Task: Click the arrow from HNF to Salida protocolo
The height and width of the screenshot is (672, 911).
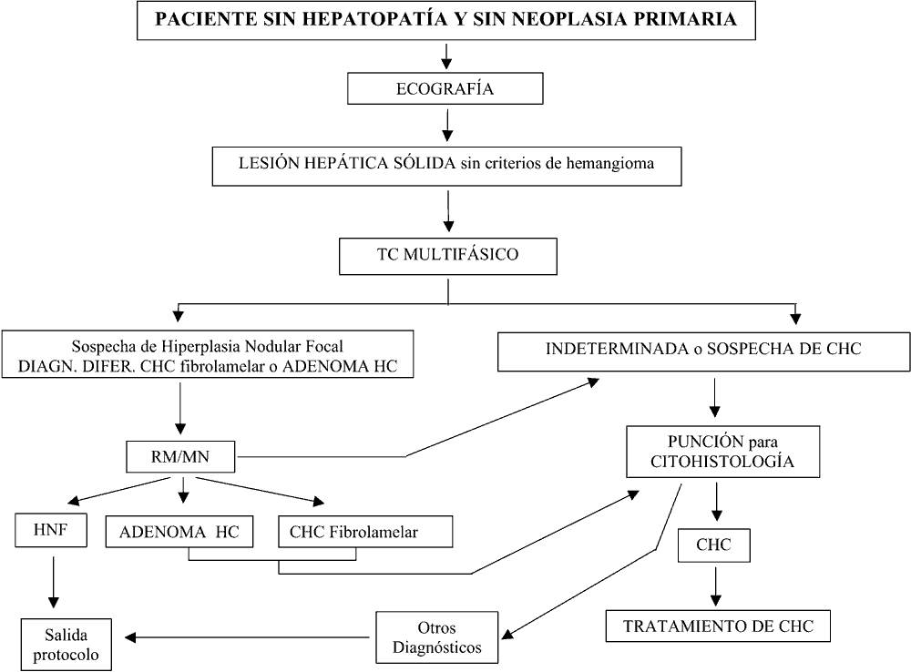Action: point(53,582)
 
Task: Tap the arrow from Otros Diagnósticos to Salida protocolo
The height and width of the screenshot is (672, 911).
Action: point(247,637)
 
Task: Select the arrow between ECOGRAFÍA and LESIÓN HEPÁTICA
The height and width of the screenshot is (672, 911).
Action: point(446,126)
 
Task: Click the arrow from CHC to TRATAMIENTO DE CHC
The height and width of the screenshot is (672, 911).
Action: point(716,586)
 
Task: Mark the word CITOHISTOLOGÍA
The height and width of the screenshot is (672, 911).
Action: point(722,461)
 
